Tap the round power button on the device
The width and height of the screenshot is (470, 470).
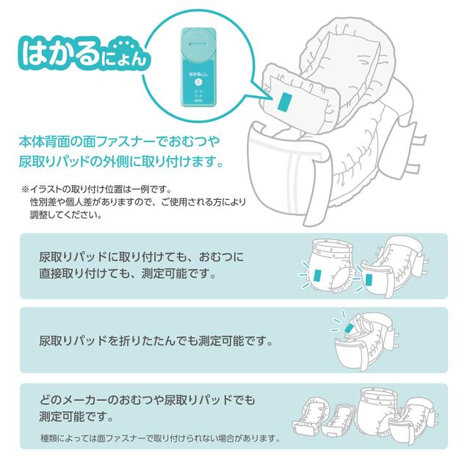tap(198, 82)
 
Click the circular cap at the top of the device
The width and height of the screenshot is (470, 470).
tap(198, 44)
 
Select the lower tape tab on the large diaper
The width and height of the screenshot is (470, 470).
tap(413, 168)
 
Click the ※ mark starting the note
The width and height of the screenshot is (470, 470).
tap(25, 189)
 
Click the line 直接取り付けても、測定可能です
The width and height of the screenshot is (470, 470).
tap(127, 274)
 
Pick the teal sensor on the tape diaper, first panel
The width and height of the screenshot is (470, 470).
tap(369, 280)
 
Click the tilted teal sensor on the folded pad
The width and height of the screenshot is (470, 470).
tap(350, 328)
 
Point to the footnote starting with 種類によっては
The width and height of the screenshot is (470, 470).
tap(160, 438)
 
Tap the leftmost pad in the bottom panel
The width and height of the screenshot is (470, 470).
tap(309, 416)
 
